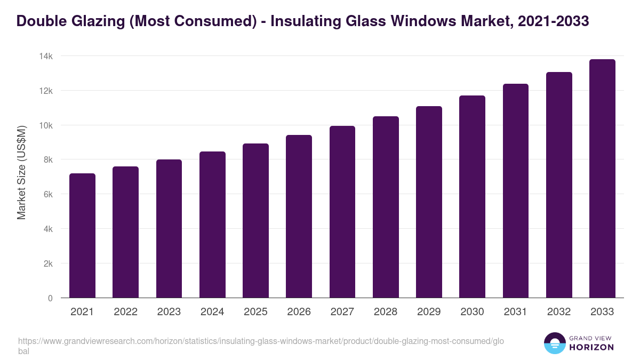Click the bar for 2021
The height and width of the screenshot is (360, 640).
pos(82,236)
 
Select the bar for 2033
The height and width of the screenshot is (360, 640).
pos(602,179)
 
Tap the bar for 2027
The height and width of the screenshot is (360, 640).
pos(342,212)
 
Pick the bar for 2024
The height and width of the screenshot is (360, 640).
pos(212,225)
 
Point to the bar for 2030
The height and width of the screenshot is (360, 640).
pos(472,197)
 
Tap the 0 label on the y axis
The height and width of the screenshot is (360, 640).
pos(50,298)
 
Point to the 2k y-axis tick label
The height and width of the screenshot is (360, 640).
pos(47,263)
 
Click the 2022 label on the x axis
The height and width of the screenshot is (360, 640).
pos(125,312)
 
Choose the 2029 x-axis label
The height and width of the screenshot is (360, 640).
pos(429,312)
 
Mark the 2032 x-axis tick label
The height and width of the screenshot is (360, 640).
pos(559,312)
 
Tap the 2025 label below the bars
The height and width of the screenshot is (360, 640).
pos(255,312)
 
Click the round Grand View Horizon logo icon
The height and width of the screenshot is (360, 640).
pos(555,343)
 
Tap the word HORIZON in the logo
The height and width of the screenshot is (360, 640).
pos(591,347)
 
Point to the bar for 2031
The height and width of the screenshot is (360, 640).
pos(516,191)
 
